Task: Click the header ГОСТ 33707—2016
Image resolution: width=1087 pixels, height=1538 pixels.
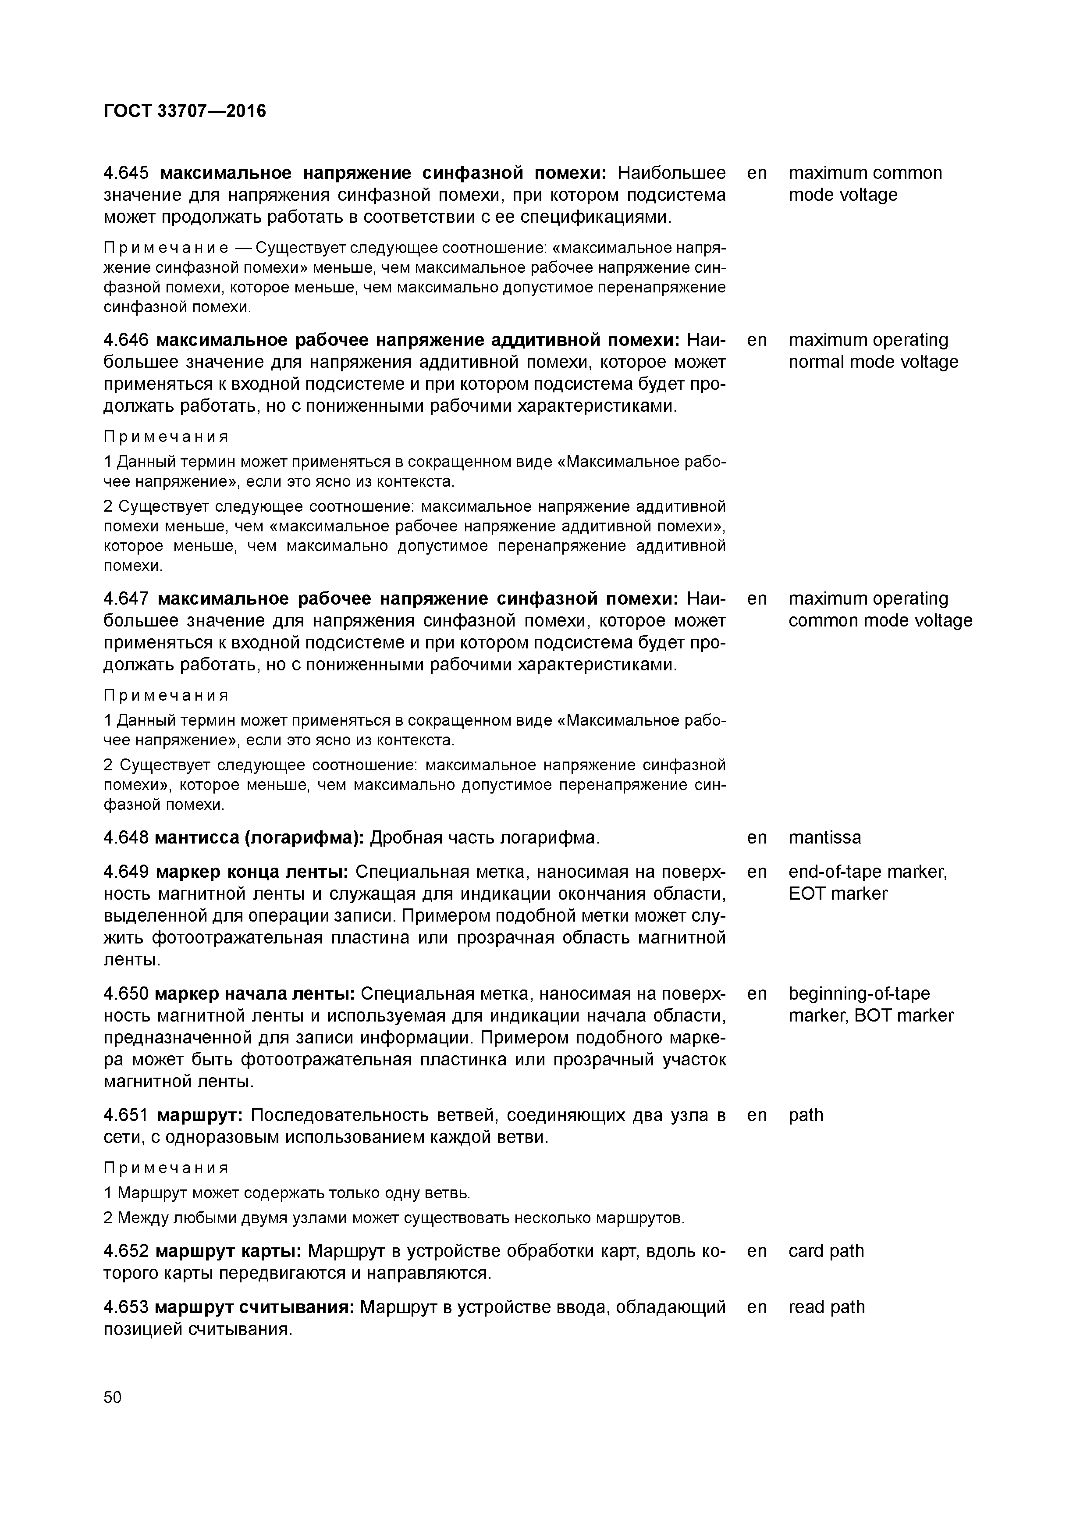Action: coord(185,110)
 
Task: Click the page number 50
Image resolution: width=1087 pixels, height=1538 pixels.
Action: coord(113,1397)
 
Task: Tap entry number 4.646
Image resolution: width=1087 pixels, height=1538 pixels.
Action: coord(127,340)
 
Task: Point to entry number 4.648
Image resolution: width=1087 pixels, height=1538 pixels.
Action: coord(127,837)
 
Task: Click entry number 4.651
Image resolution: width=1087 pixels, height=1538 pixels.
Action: coord(127,1114)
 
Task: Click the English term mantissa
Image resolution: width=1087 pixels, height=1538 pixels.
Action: coord(824,837)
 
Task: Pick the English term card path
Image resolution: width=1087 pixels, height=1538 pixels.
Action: coord(826,1251)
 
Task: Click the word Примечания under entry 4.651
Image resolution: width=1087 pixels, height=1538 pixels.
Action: coord(166,1168)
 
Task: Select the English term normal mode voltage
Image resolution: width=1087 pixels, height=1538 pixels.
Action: coord(873,363)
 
